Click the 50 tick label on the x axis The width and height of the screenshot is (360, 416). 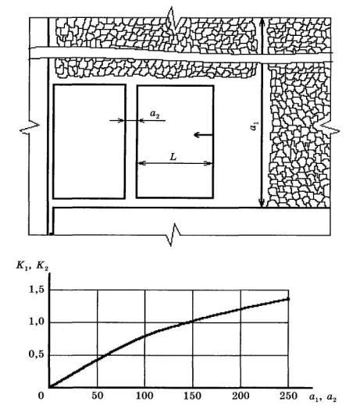(x=98, y=396)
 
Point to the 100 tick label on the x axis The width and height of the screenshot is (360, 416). (x=144, y=396)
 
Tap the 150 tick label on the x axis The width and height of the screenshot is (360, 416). (x=192, y=396)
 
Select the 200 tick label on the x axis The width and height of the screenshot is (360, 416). (x=241, y=396)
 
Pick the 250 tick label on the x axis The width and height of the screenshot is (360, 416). (x=288, y=396)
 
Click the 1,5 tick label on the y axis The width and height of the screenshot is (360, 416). (x=37, y=290)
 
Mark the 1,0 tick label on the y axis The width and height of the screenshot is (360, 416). (x=37, y=322)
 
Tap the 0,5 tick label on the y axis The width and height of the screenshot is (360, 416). (x=37, y=354)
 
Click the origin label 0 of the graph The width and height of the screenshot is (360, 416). (x=41, y=396)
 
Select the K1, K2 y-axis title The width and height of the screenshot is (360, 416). (x=32, y=266)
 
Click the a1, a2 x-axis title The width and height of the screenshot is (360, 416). (x=323, y=397)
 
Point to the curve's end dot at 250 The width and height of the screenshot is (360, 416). (x=288, y=299)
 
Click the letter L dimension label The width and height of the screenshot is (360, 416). (x=173, y=157)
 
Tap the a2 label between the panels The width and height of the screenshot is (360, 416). (x=155, y=114)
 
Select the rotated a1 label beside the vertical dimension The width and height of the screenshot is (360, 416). (x=254, y=126)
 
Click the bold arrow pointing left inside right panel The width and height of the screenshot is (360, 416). (x=203, y=135)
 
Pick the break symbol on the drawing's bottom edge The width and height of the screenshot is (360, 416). (x=173, y=235)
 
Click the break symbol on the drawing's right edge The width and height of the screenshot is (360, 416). (x=329, y=130)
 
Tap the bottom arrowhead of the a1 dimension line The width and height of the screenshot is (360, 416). (x=262, y=203)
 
